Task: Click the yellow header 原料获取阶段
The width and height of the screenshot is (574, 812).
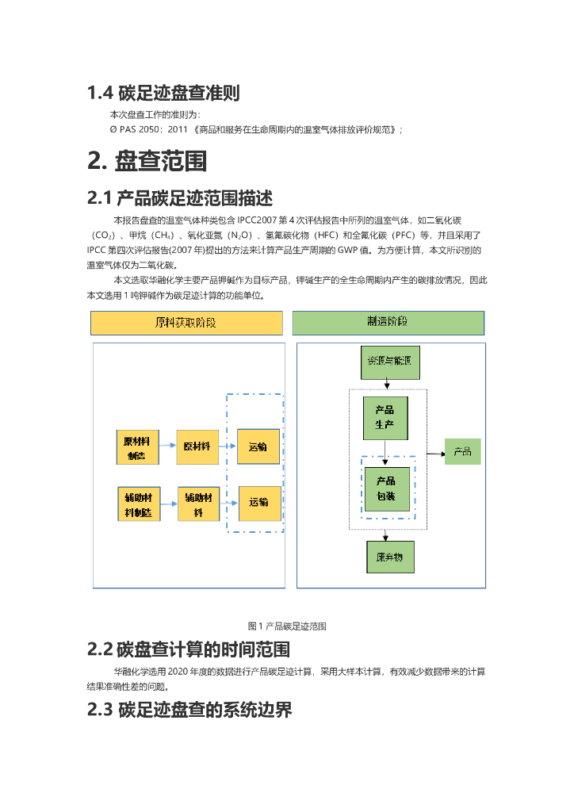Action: point(186,323)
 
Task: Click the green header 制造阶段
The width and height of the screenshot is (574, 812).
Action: point(388,323)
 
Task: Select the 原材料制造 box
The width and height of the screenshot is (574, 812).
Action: point(137,447)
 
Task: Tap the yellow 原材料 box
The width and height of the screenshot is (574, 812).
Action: point(197,446)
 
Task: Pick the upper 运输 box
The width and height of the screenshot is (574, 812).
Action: point(258,447)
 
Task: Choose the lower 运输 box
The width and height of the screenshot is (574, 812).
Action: point(258,503)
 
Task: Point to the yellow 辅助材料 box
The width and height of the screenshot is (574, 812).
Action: point(198,504)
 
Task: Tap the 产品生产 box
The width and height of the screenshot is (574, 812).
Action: point(385,418)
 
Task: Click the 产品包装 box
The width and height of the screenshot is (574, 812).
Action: point(387,488)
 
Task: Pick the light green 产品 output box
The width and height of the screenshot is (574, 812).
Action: point(462,452)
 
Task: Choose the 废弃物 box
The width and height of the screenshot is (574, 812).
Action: point(389,557)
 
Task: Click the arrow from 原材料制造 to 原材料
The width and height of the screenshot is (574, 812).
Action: point(167,446)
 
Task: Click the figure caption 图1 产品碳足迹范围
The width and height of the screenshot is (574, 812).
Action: point(287,626)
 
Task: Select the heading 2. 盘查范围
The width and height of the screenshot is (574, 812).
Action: point(147,161)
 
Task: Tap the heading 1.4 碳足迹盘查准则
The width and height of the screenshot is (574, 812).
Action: point(163,93)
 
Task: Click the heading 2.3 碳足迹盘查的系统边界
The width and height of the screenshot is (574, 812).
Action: point(189,710)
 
